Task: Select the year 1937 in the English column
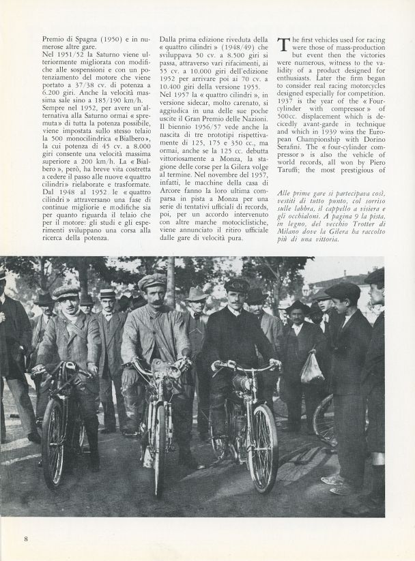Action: (289, 119)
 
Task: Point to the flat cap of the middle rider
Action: (152, 281)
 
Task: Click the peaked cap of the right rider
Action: (237, 285)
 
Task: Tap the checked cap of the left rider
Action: (66, 292)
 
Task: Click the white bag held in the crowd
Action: (311, 367)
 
